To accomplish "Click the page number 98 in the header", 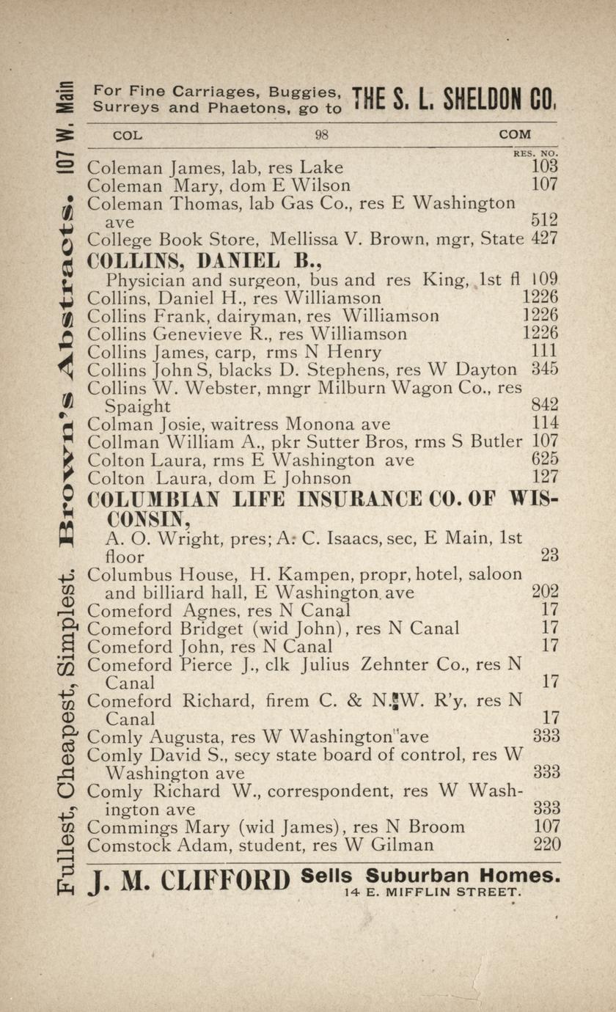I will tap(321, 135).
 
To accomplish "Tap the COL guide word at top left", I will tap(128, 135).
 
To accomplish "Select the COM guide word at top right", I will tap(515, 135).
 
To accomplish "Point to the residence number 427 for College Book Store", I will tap(545, 238).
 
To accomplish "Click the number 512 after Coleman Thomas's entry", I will tap(545, 220).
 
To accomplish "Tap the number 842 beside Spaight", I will tap(545, 405).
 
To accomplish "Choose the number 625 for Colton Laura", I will tap(545, 460).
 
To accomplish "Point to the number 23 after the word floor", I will tap(550, 556).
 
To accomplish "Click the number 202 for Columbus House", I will tap(545, 591).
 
